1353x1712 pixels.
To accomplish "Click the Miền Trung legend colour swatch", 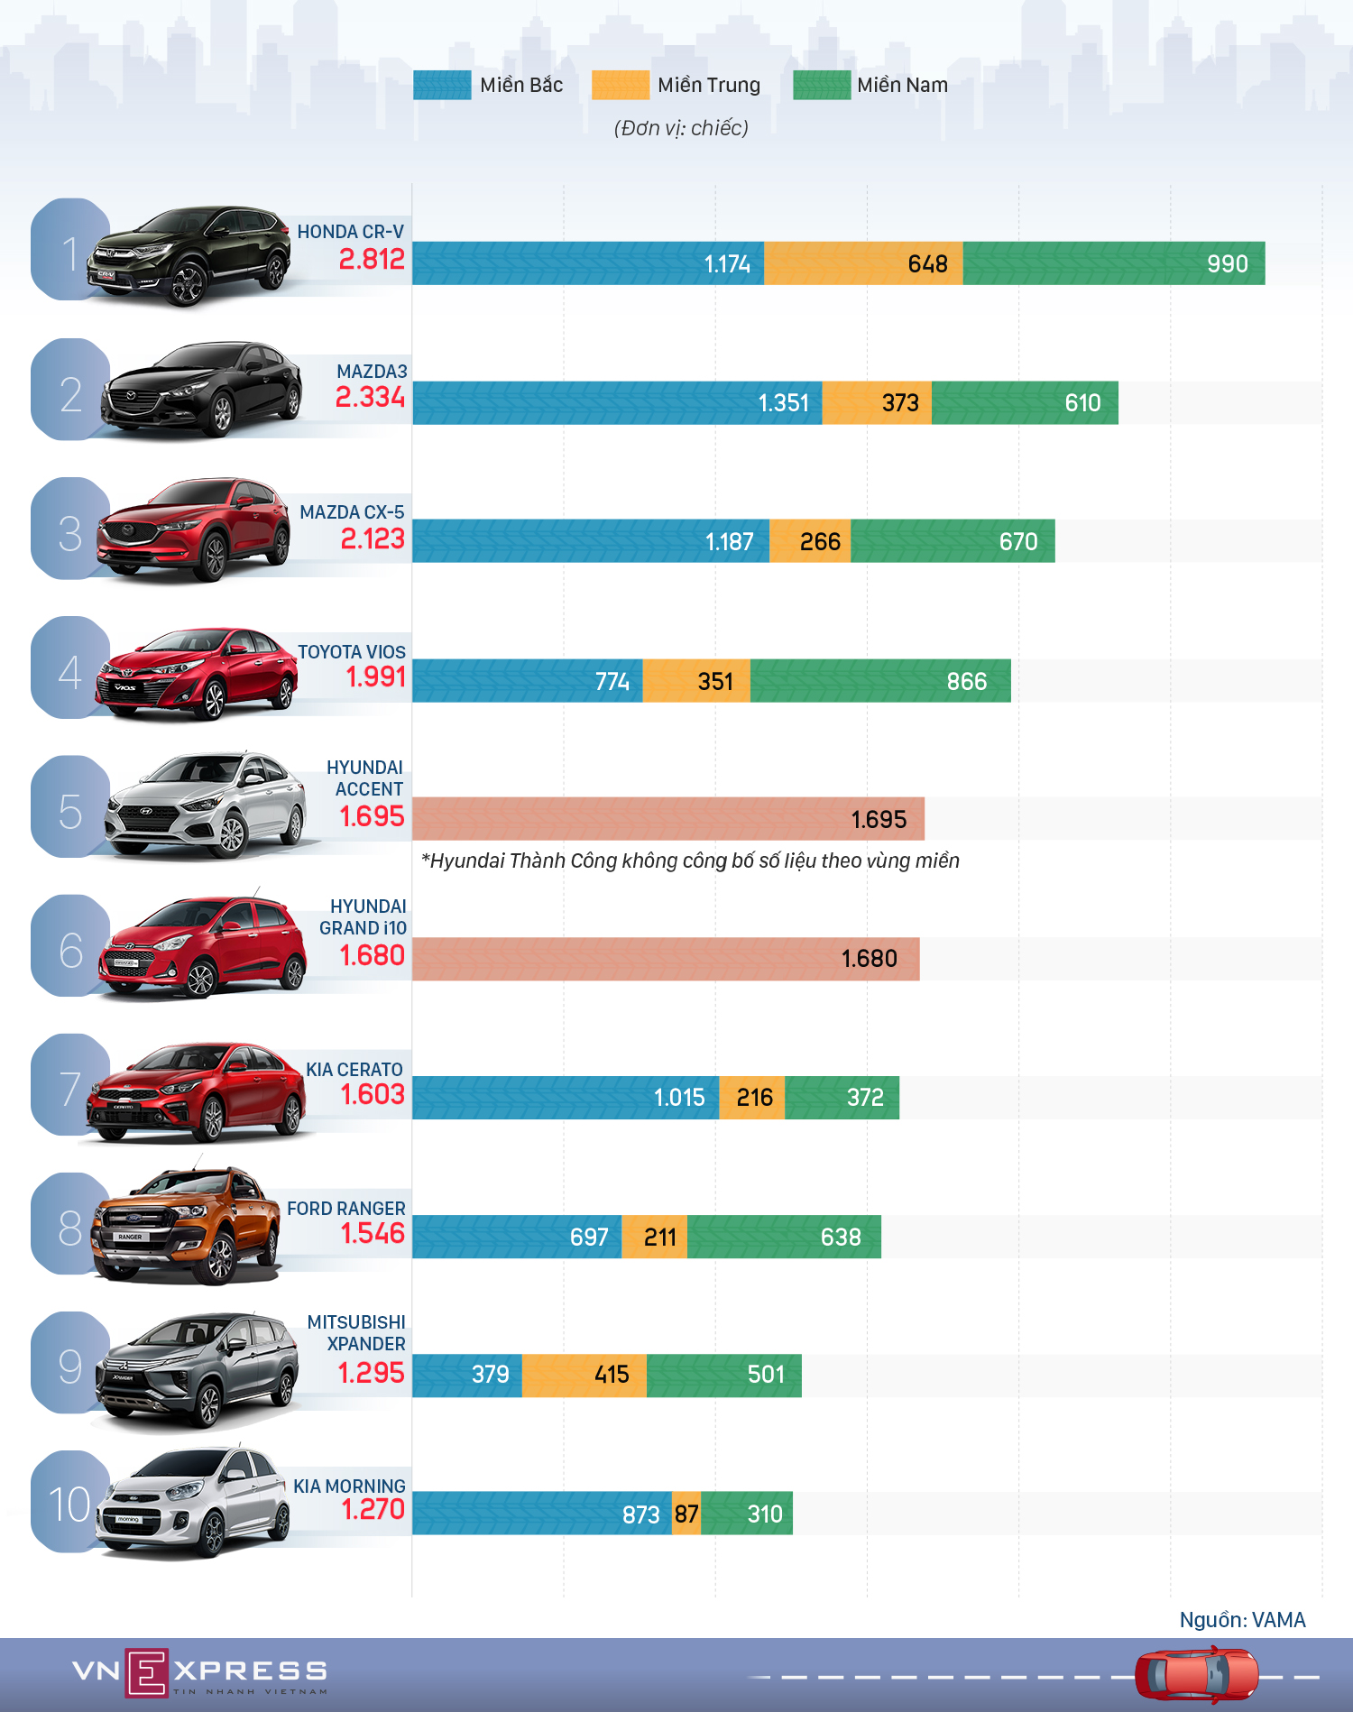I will (x=620, y=85).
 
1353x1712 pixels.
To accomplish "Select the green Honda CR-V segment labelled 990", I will (x=1113, y=263).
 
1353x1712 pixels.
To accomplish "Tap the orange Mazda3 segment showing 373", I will (x=877, y=402).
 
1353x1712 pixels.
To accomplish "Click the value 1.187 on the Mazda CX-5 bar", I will (x=729, y=541).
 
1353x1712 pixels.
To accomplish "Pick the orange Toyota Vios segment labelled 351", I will (x=696, y=681).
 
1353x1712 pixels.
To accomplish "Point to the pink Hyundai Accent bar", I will (x=667, y=819).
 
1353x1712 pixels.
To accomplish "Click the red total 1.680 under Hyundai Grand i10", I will (x=372, y=955).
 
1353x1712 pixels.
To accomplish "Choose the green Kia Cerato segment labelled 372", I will (x=842, y=1098).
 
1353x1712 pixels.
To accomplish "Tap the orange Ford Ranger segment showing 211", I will (x=654, y=1237).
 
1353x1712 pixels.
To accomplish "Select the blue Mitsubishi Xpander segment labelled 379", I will (x=467, y=1375).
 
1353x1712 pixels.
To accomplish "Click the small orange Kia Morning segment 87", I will (x=686, y=1514).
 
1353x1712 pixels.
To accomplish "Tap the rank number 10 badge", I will (x=69, y=1504).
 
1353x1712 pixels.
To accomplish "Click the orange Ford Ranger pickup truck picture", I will (x=185, y=1225).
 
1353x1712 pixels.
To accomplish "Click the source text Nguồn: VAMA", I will (x=1241, y=1620).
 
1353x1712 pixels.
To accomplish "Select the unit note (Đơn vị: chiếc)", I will (x=681, y=128).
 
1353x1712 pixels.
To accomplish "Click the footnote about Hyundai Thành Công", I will (x=690, y=861).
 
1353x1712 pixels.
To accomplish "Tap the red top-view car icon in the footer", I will (x=1196, y=1674).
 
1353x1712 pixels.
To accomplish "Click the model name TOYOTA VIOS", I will (x=351, y=651).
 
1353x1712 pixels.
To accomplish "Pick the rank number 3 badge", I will (x=69, y=532).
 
